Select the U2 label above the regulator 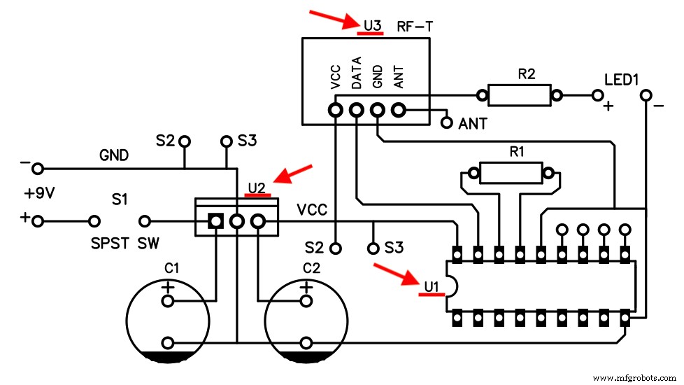[x=256, y=188]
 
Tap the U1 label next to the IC [x=431, y=286]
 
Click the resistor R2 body [x=519, y=95]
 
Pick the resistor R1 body [x=510, y=172]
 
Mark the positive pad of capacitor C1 [x=168, y=301]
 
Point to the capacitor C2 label [x=311, y=268]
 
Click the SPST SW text [x=124, y=244]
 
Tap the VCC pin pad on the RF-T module [x=336, y=110]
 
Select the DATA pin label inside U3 [x=357, y=73]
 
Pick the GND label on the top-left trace [x=114, y=155]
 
